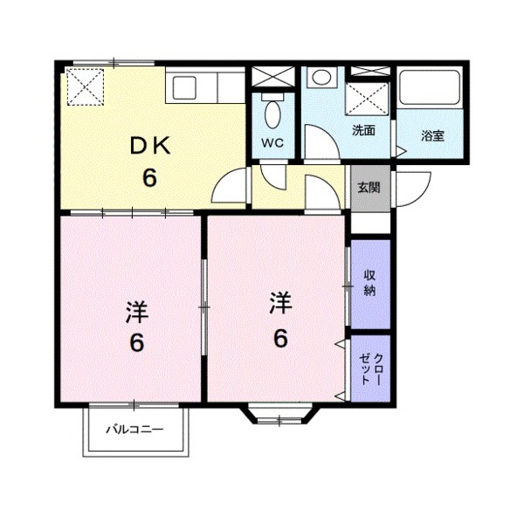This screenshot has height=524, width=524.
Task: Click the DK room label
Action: coord(150,146)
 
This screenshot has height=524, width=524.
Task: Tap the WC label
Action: coord(272,142)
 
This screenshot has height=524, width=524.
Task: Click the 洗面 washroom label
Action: coord(363,130)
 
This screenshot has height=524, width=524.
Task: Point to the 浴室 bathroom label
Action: coord(432,135)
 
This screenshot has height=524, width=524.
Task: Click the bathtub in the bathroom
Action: coord(430,86)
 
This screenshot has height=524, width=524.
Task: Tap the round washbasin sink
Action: coord(321,77)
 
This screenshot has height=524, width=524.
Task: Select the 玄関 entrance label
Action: coord(369,188)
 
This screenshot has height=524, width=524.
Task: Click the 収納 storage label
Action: coord(369,283)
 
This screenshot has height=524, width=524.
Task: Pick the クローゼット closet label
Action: coord(370,369)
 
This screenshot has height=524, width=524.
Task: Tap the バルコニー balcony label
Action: coord(135,429)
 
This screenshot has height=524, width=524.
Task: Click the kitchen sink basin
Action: coord(183,87)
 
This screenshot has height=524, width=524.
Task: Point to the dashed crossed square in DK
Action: coord(86,86)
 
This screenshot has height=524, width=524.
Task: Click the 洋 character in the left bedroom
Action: coord(137,312)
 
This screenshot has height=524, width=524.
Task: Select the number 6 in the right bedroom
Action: coord(280,338)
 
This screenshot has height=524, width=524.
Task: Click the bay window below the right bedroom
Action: coord(279,414)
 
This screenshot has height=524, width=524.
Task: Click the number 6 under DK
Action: coord(149,177)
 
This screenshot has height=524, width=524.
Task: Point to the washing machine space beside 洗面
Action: coord(367,99)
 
